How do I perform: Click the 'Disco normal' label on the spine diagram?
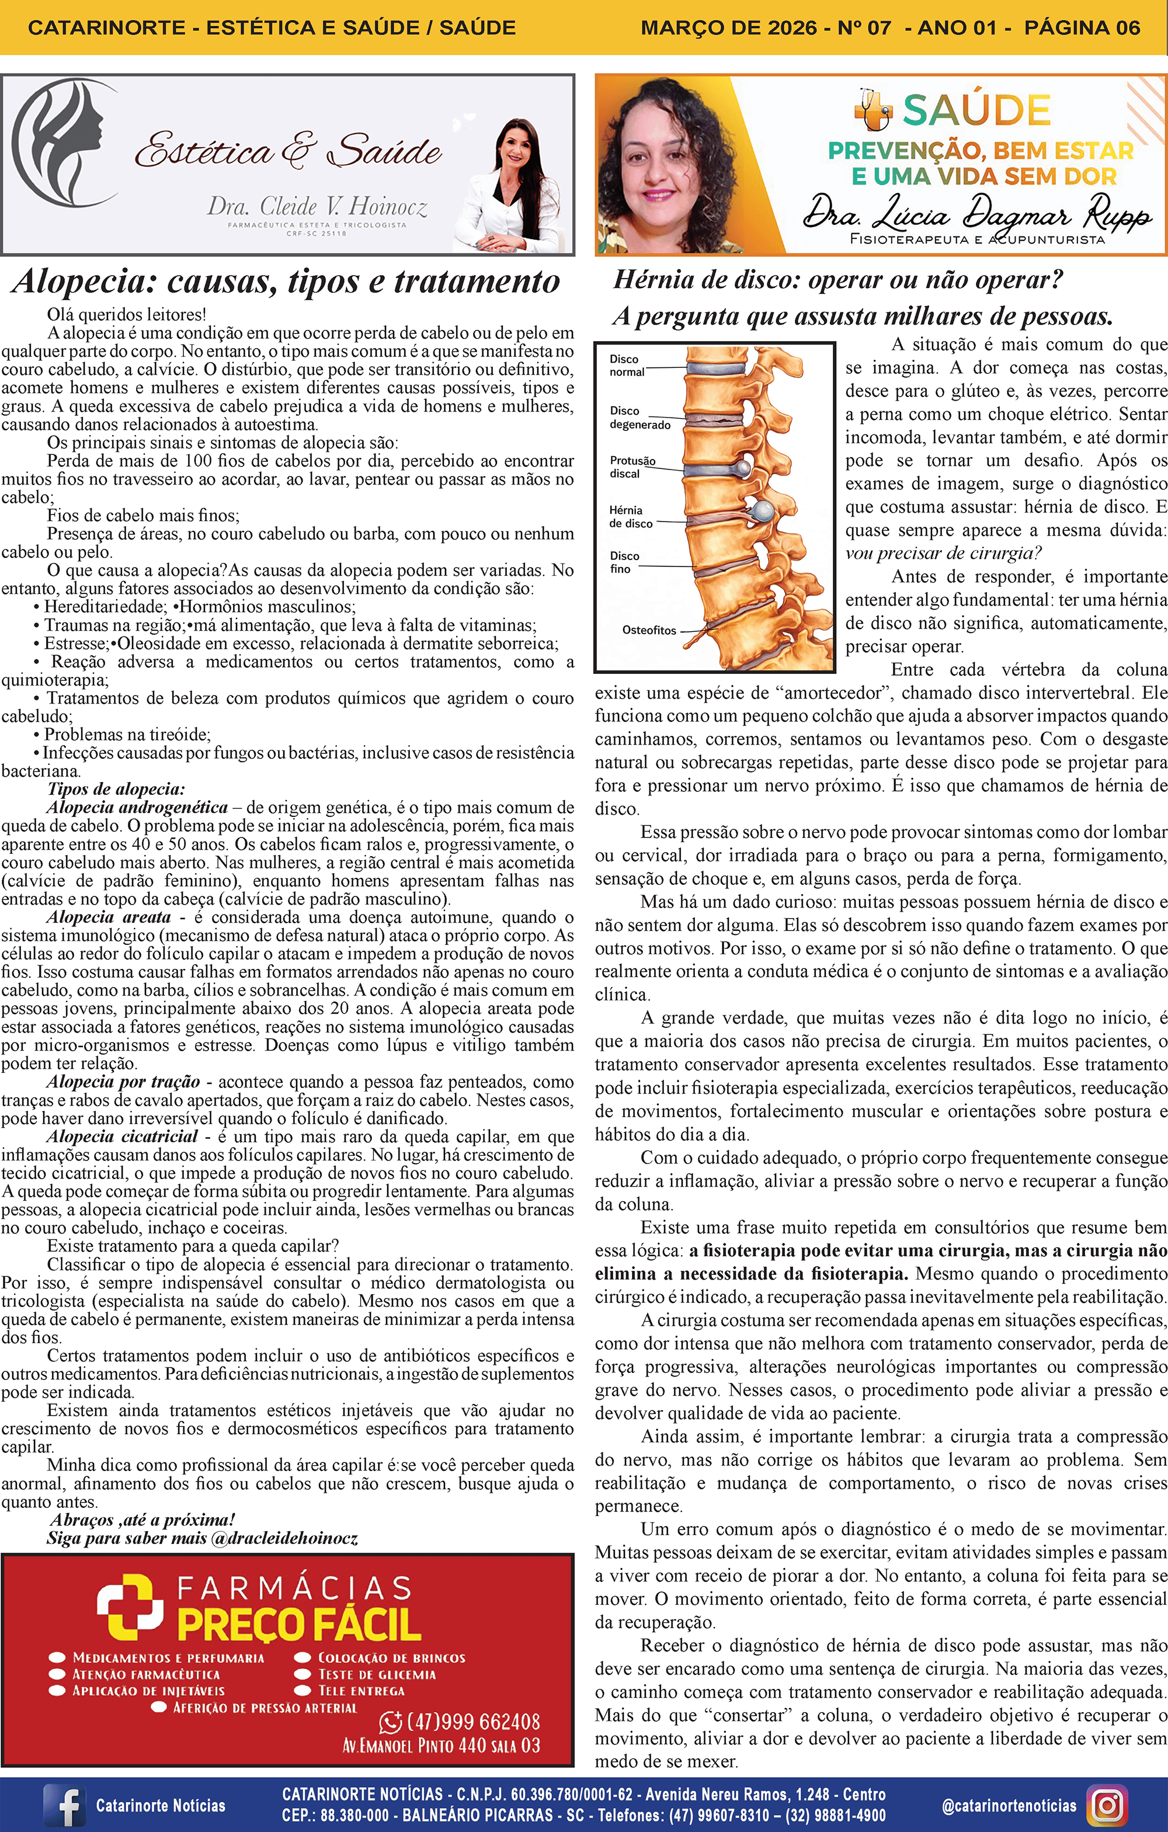(626, 365)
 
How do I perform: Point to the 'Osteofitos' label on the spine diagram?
(648, 630)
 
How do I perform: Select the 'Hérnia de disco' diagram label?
(630, 517)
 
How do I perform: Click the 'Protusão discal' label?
(631, 467)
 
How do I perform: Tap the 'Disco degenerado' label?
(639, 418)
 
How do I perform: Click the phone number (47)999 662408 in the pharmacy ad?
(473, 1722)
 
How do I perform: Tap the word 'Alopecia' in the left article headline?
(83, 281)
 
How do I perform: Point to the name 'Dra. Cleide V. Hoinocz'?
(317, 206)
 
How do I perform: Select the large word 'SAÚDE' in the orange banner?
(976, 110)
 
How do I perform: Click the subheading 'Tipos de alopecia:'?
(116, 789)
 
